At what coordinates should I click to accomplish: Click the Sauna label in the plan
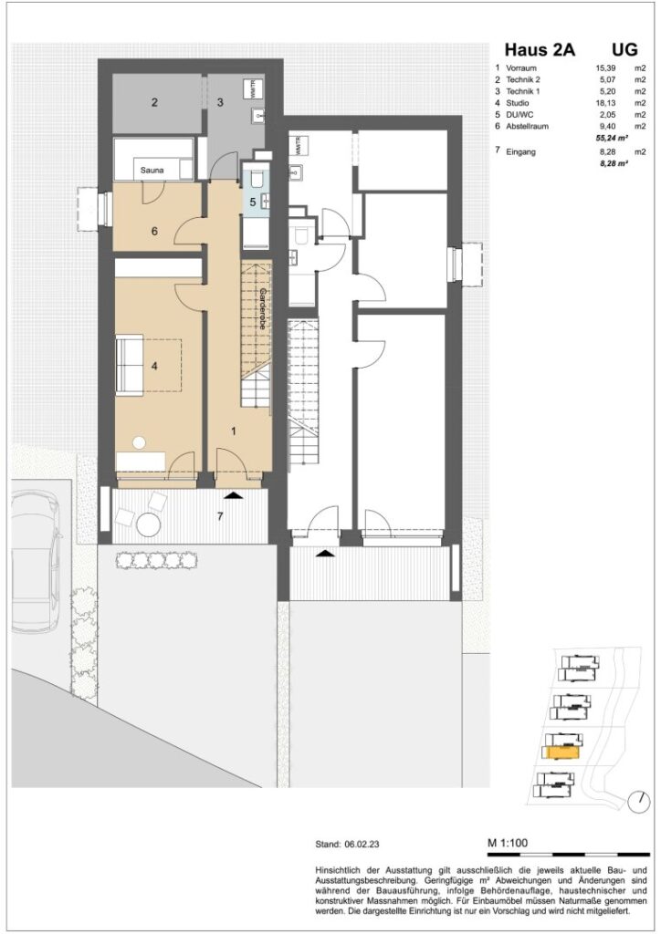point(147,170)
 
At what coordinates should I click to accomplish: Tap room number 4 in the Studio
point(155,367)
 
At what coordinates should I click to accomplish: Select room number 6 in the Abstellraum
point(154,232)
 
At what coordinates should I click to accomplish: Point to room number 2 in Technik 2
point(155,103)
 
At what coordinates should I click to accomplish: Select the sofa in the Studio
point(129,365)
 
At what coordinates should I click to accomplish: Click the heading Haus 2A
point(540,51)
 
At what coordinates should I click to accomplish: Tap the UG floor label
point(624,51)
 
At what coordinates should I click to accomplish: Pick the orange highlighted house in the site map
point(561,752)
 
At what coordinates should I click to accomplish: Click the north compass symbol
point(635,801)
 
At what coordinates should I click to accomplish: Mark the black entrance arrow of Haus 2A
point(234,494)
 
